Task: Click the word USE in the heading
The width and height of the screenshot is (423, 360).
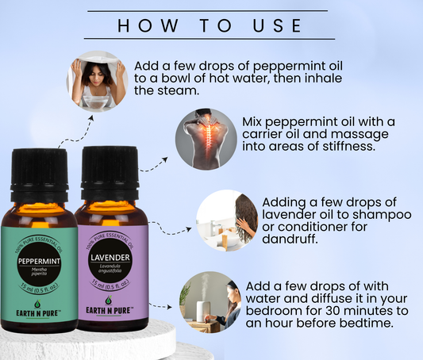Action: coord(277,25)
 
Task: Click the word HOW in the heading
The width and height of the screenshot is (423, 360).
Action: coord(148,25)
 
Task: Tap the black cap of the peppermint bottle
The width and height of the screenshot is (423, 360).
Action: coord(39,174)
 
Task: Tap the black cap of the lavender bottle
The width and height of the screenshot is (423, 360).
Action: coord(110,173)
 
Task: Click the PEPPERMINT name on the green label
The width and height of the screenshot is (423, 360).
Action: coord(39,261)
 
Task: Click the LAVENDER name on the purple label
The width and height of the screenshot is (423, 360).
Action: coord(110,258)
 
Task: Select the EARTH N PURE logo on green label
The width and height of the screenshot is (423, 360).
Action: coord(38,309)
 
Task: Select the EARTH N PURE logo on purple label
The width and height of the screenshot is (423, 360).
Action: coord(110,306)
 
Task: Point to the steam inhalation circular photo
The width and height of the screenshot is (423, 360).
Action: coord(98,82)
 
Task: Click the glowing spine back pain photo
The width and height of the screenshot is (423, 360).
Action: coord(206,140)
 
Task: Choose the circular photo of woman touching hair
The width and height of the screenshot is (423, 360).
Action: coord(227,220)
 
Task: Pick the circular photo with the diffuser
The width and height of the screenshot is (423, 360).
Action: coord(210,302)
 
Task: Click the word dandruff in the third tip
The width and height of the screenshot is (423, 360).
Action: coord(289,239)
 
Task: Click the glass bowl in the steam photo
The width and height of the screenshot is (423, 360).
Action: coord(96,101)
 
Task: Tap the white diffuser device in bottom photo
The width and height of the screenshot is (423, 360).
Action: coord(203,311)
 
